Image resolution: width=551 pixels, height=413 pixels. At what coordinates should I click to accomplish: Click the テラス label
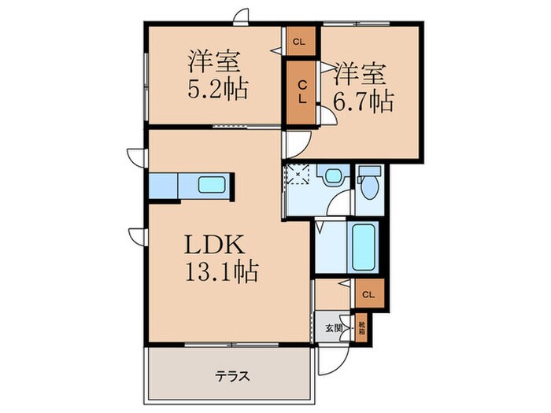[233, 377]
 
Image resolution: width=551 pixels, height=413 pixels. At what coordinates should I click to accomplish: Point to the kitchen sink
[213, 186]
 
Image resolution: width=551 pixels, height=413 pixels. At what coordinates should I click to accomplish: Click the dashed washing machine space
[299, 175]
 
